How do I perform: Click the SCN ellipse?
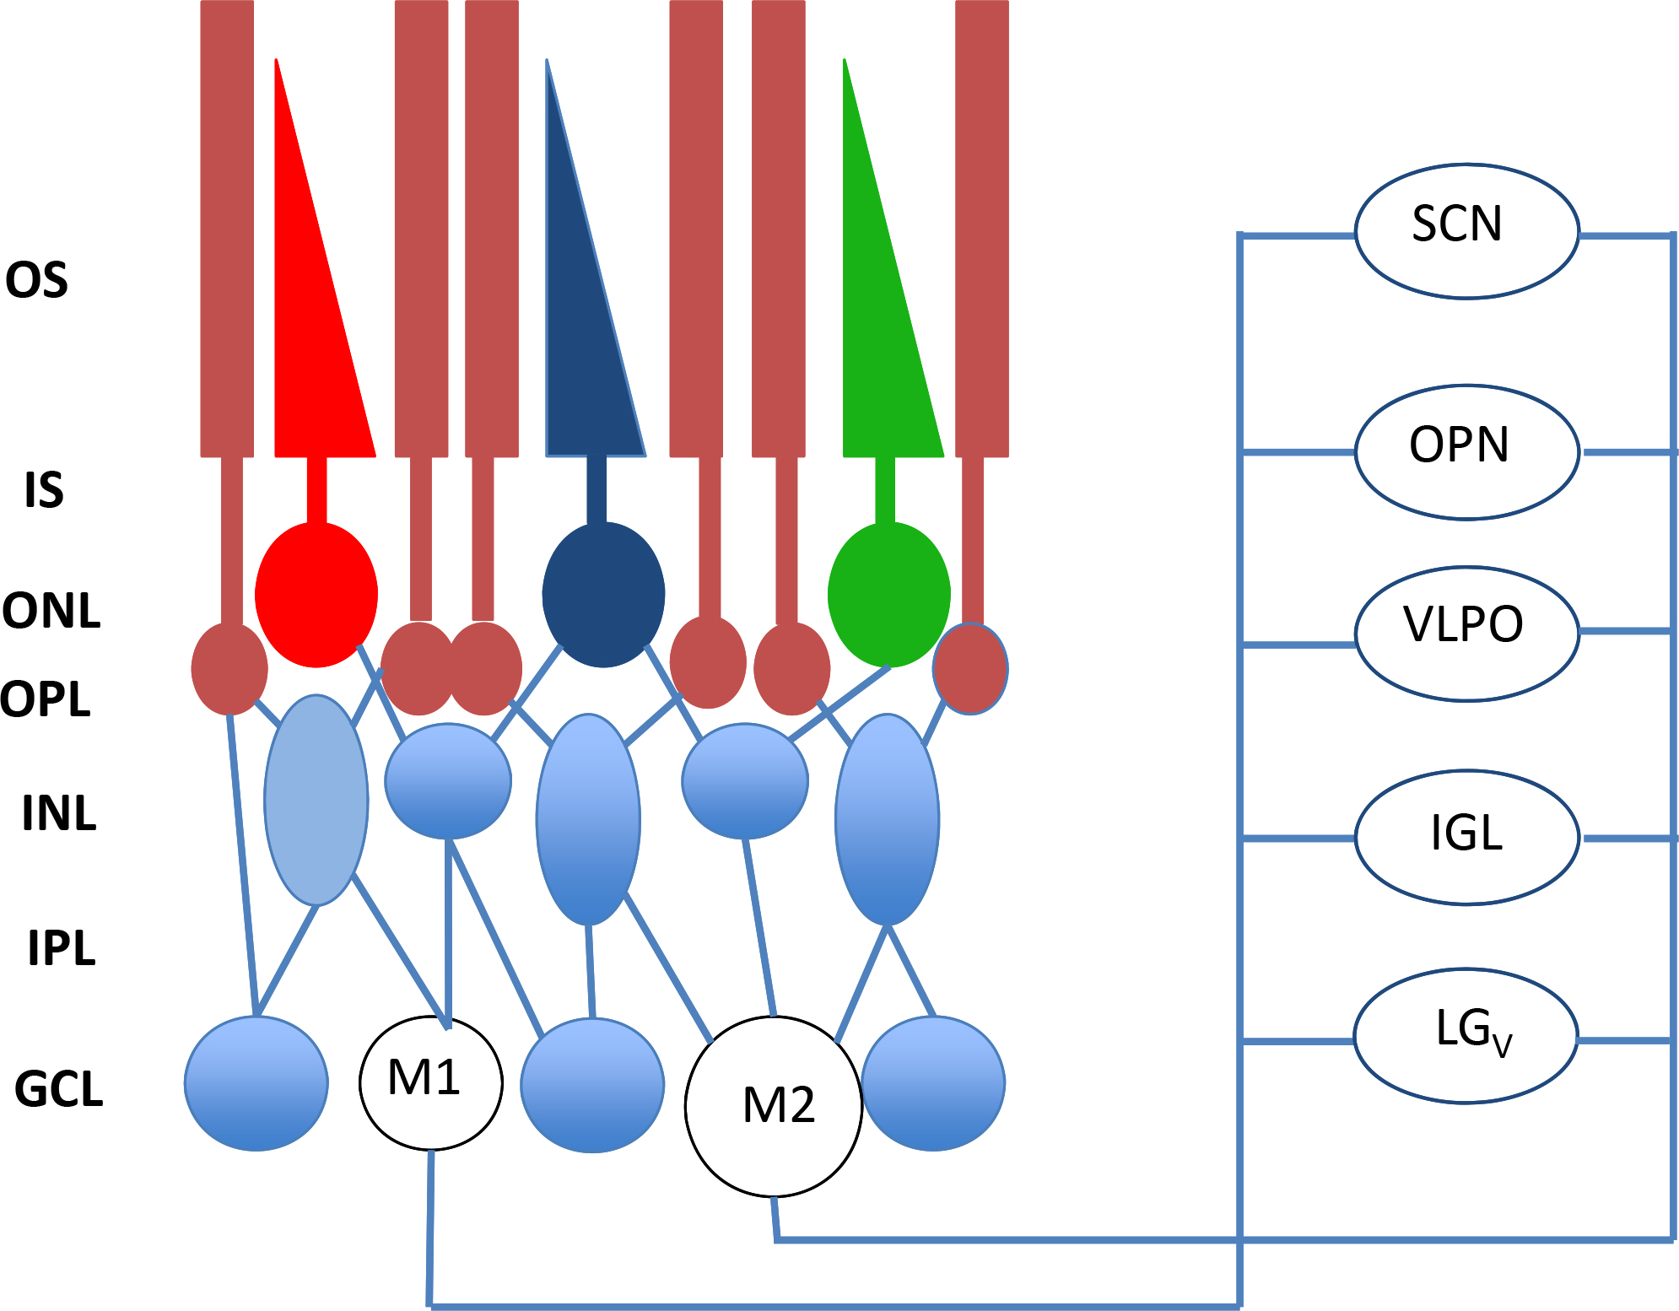tap(1466, 231)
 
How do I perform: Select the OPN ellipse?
tap(1466, 452)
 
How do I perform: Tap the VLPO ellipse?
tap(1466, 633)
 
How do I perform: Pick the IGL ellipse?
tap(1466, 837)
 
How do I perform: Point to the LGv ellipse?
tap(1466, 1035)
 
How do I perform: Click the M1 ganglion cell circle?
tap(431, 1082)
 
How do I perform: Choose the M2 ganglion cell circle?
tap(774, 1106)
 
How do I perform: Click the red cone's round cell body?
tap(316, 595)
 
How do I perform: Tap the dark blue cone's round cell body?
tap(603, 595)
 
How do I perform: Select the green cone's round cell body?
tap(889, 595)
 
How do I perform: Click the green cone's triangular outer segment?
tap(886, 337)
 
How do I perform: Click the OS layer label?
tap(36, 280)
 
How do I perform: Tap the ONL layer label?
tap(51, 611)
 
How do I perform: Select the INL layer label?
tap(59, 813)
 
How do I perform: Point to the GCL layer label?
tap(59, 1088)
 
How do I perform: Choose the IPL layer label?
tap(62, 947)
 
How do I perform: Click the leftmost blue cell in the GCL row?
tap(256, 1083)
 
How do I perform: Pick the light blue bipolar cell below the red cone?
tap(316, 800)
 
